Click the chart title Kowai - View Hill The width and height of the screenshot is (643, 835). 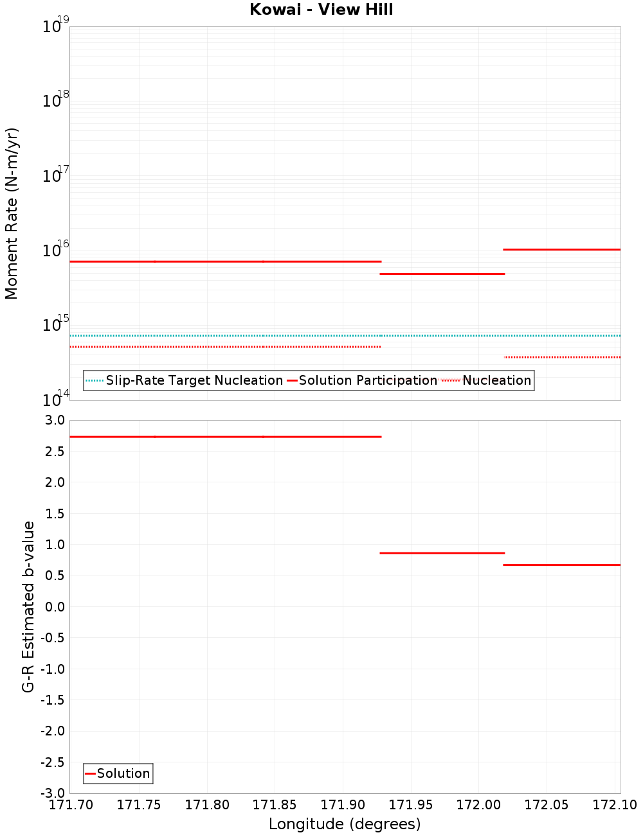coord(321,10)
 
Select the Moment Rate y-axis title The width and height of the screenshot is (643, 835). coord(12,213)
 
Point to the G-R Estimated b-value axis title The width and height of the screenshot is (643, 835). coord(28,606)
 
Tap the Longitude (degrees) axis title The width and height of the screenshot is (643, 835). coord(345,824)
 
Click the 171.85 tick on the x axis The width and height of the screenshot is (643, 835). coord(275,805)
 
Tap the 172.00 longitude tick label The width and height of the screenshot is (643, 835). coord(478,805)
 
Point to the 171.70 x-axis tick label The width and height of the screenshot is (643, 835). coord(71,805)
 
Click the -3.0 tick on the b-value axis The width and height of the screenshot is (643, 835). coord(51,793)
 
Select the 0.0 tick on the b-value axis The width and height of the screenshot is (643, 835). coord(53,606)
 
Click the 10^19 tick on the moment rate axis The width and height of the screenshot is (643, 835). coord(55,26)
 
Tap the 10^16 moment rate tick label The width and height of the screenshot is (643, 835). coord(55,249)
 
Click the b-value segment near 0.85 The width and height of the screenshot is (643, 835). coord(442,553)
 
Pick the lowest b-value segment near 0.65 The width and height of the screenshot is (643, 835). coord(562,565)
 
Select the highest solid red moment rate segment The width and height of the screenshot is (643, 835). coord(562,249)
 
